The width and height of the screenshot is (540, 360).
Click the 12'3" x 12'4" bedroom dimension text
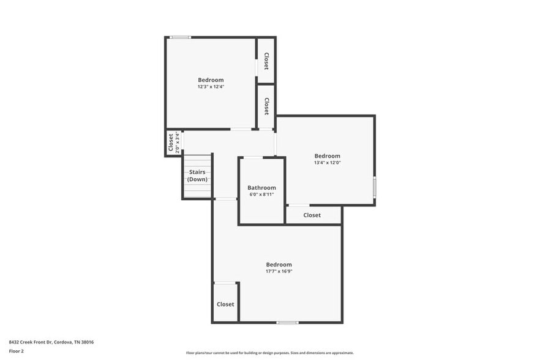[211, 87]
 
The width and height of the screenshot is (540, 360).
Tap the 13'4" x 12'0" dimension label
[327, 163]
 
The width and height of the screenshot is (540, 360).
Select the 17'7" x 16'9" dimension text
[279, 271]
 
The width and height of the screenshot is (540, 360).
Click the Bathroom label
[261, 187]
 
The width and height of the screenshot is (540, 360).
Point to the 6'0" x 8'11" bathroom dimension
[261, 195]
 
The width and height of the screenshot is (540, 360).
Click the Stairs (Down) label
[197, 176]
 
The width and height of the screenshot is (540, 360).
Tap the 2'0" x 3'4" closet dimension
[178, 142]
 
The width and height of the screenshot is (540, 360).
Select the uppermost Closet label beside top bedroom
[266, 61]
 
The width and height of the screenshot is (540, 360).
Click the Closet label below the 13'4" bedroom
[312, 215]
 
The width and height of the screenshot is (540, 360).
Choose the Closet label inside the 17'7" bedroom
[225, 304]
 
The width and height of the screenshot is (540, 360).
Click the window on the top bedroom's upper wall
[180, 37]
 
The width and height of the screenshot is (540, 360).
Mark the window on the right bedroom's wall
[374, 187]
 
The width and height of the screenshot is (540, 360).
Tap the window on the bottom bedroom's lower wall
[287, 322]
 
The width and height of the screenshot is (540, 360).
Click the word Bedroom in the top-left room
[211, 80]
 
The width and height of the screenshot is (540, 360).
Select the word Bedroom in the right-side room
[327, 156]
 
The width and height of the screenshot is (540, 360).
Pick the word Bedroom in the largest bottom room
[279, 264]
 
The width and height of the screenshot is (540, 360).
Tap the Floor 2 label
[16, 351]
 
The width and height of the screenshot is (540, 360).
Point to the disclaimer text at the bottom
[269, 353]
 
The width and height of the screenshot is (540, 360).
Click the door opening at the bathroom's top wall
[253, 157]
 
